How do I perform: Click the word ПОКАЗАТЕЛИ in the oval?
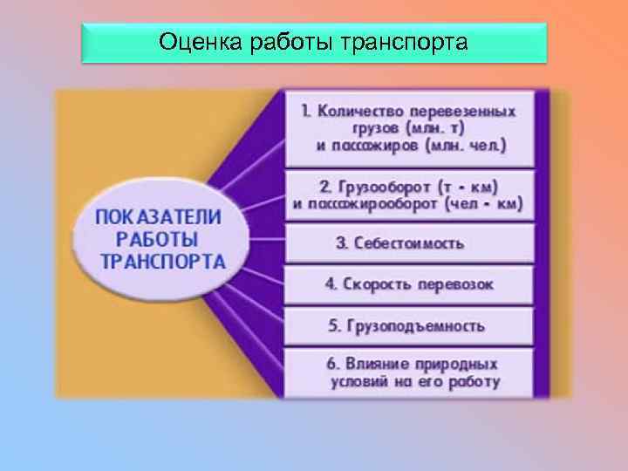158,216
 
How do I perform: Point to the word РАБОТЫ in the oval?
157,238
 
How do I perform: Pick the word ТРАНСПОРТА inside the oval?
163,261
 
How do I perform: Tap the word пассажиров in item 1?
365,144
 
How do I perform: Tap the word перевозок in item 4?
456,284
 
